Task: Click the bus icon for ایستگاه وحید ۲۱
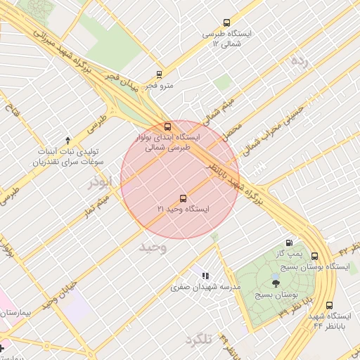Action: [183, 198]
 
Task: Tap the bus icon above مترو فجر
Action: [160, 74]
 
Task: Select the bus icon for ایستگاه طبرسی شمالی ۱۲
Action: [226, 22]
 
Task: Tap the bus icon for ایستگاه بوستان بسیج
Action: [314, 257]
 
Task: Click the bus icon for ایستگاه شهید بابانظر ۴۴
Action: [330, 305]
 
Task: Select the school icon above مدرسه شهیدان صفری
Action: [205, 276]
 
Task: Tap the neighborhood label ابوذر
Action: [100, 183]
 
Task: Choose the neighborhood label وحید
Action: [152, 247]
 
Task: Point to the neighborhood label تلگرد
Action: [198, 340]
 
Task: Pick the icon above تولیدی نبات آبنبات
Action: [67, 140]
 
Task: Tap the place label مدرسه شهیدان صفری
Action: [206, 288]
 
